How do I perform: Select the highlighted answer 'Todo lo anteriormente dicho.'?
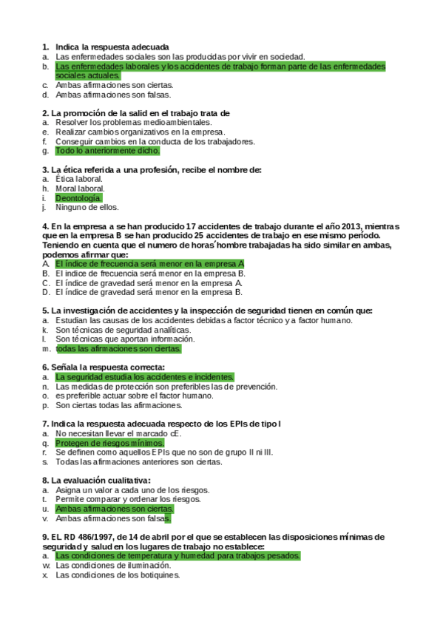107,151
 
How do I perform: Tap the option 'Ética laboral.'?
79,179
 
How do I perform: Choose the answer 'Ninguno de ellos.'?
87,208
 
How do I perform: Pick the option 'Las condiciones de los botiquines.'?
118,575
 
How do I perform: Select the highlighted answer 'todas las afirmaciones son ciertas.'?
118,349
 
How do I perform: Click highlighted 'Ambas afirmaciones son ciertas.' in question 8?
115,509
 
